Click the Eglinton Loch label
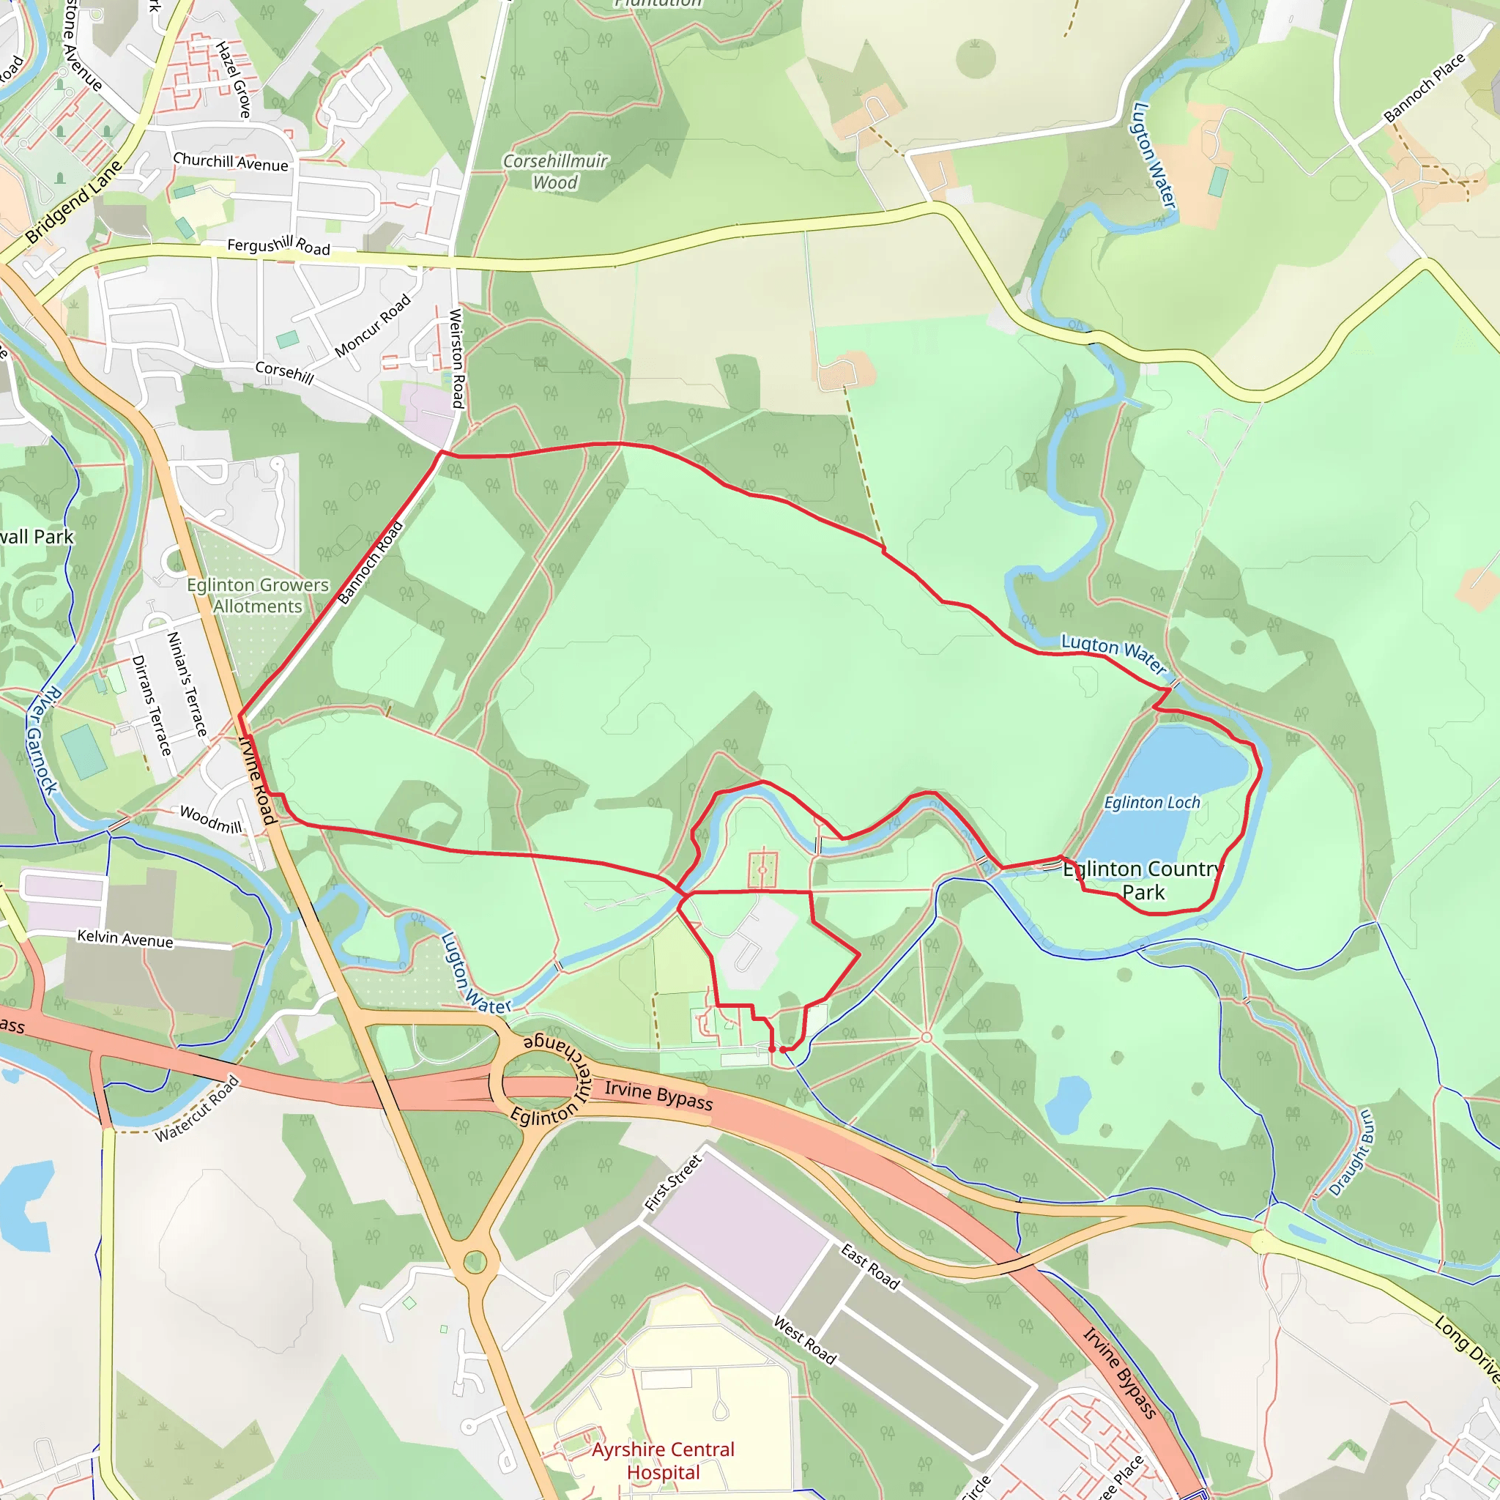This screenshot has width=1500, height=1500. click(x=1152, y=803)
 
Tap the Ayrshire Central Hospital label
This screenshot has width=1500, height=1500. click(x=663, y=1460)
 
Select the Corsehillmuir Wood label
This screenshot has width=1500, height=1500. click(x=555, y=171)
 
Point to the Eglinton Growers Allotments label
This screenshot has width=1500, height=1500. click(x=258, y=595)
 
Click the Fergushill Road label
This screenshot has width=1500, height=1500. click(x=279, y=246)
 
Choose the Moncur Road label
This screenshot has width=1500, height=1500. click(x=373, y=326)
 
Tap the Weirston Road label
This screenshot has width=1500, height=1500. click(x=457, y=359)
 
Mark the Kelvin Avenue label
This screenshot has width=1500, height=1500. click(x=125, y=939)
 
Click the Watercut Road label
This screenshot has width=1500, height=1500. click(x=197, y=1109)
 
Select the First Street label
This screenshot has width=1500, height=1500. click(x=673, y=1182)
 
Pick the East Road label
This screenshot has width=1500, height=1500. click(x=870, y=1266)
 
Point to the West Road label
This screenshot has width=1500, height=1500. click(x=805, y=1340)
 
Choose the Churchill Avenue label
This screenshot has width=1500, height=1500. click(x=231, y=163)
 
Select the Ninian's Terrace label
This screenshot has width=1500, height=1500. click(x=187, y=684)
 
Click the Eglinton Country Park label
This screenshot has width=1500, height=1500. click(x=1143, y=880)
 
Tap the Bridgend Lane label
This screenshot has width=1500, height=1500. click(x=74, y=202)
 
